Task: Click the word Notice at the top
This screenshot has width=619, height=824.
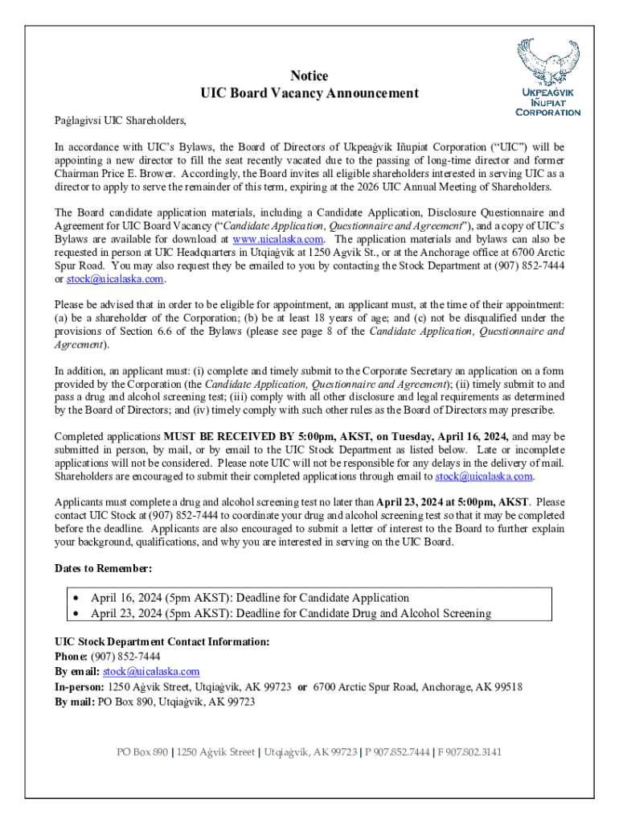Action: [x=309, y=76]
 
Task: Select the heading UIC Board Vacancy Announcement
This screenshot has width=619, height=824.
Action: [x=309, y=93]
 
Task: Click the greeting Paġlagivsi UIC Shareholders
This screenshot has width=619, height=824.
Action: [x=120, y=121]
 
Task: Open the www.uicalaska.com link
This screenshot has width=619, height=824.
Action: [x=278, y=239]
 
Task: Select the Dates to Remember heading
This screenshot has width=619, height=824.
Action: [x=103, y=568]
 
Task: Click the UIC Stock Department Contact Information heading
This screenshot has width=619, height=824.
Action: [x=162, y=641]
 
